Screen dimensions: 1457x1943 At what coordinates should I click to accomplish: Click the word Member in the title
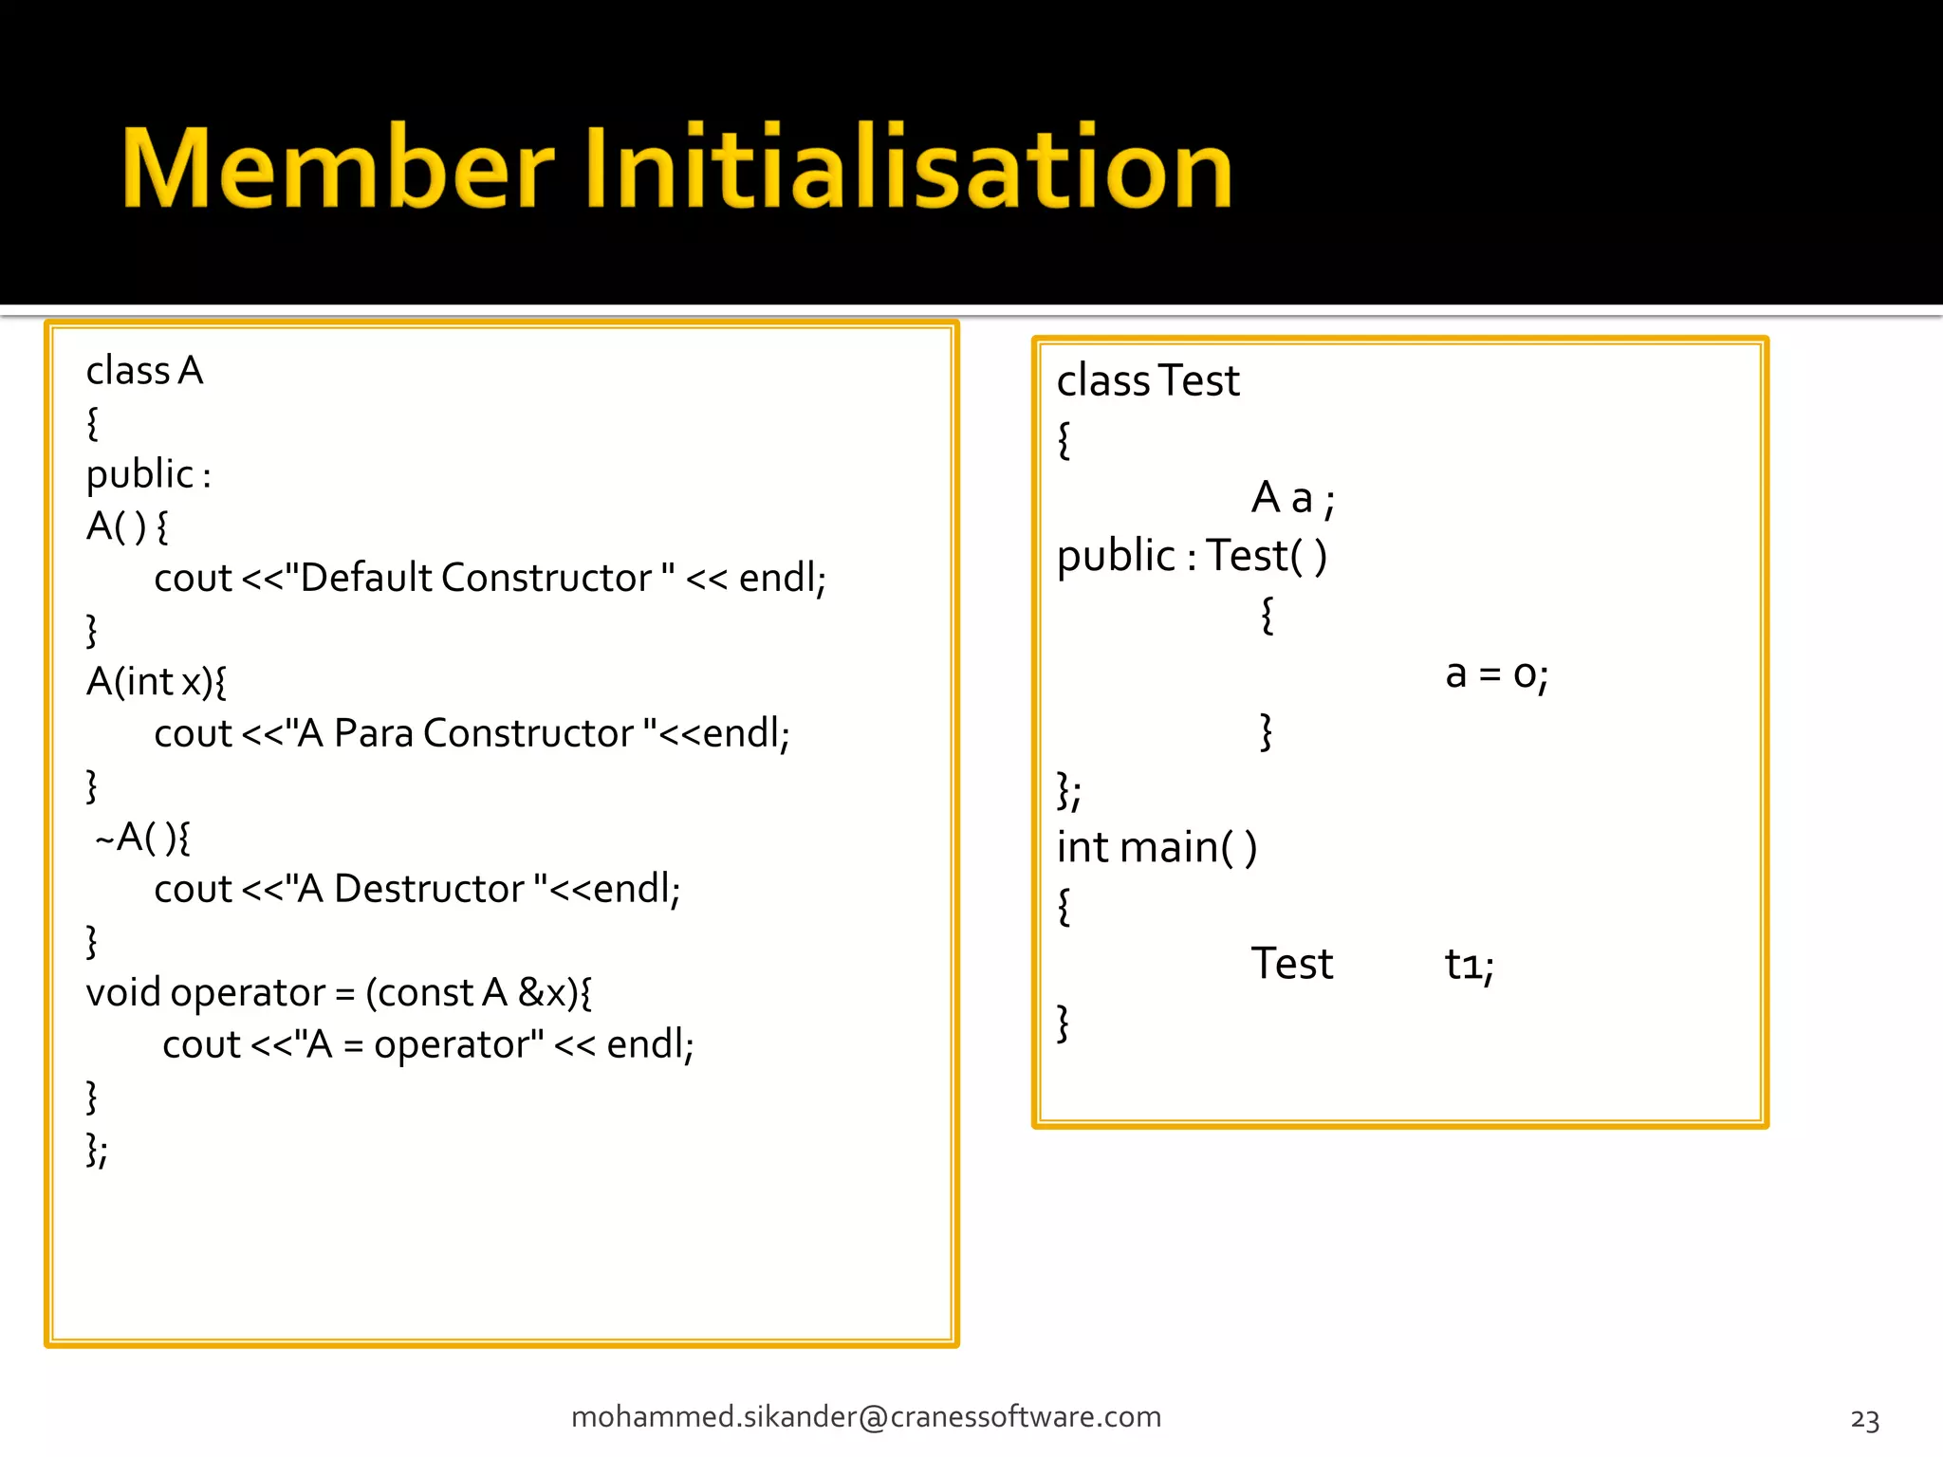click(338, 168)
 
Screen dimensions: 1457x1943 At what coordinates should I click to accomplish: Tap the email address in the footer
click(865, 1416)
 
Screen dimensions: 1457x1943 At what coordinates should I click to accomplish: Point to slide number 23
click(1864, 1420)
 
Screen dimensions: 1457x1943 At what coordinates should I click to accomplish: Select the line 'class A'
click(144, 371)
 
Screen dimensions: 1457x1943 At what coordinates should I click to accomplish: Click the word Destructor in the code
click(429, 889)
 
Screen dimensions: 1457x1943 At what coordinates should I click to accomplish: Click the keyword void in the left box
click(123, 993)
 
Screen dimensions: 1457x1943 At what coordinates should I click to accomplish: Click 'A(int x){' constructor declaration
click(157, 682)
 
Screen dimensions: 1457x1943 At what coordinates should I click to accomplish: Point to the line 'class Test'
click(1148, 381)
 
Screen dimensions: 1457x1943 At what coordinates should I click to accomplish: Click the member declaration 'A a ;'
click(1292, 498)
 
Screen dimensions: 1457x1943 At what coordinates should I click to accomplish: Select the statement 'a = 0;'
click(1496, 674)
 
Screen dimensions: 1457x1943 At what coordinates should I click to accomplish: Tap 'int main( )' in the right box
click(1157, 847)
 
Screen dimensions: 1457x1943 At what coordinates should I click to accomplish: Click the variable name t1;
click(1469, 966)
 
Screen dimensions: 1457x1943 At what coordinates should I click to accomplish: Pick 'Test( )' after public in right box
click(1266, 556)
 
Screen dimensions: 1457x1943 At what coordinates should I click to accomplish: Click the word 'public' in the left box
click(139, 474)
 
